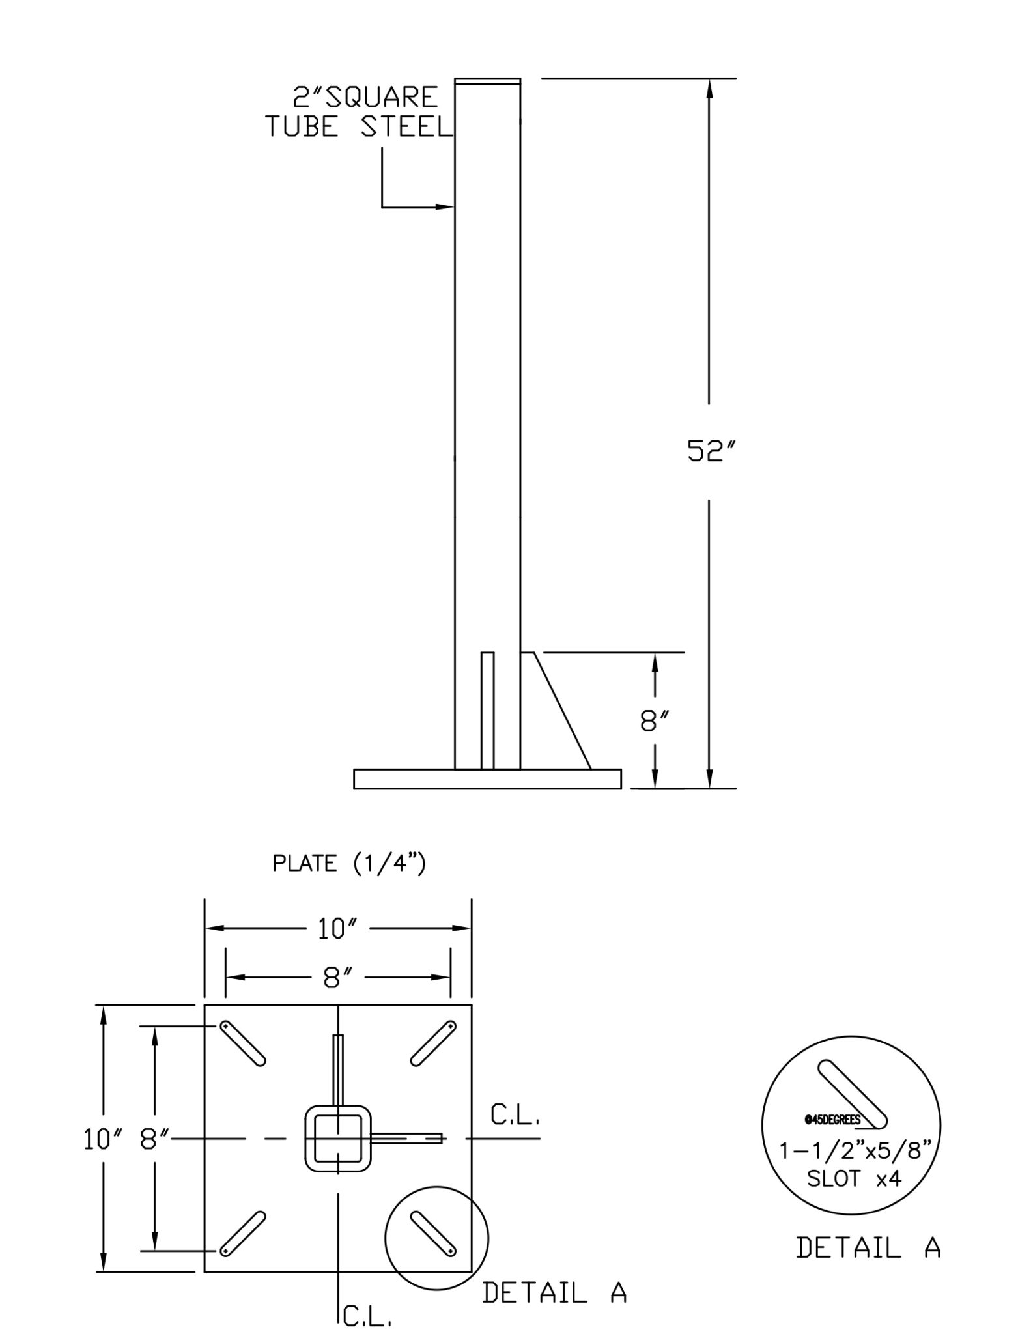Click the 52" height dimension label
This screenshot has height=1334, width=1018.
click(x=706, y=451)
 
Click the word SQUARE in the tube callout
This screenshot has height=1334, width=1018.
click(x=382, y=98)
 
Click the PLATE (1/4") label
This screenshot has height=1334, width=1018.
click(x=349, y=864)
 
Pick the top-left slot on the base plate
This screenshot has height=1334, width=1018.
click(x=243, y=1043)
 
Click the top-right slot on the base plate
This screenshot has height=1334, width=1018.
click(x=433, y=1043)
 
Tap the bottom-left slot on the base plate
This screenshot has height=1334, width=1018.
click(x=243, y=1233)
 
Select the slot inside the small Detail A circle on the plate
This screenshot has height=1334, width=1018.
click(x=433, y=1233)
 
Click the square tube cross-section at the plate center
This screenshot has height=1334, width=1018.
click(x=338, y=1138)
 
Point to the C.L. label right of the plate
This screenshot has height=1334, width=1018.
click(x=515, y=1118)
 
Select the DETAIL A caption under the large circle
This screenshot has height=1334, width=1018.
click(x=868, y=1248)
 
